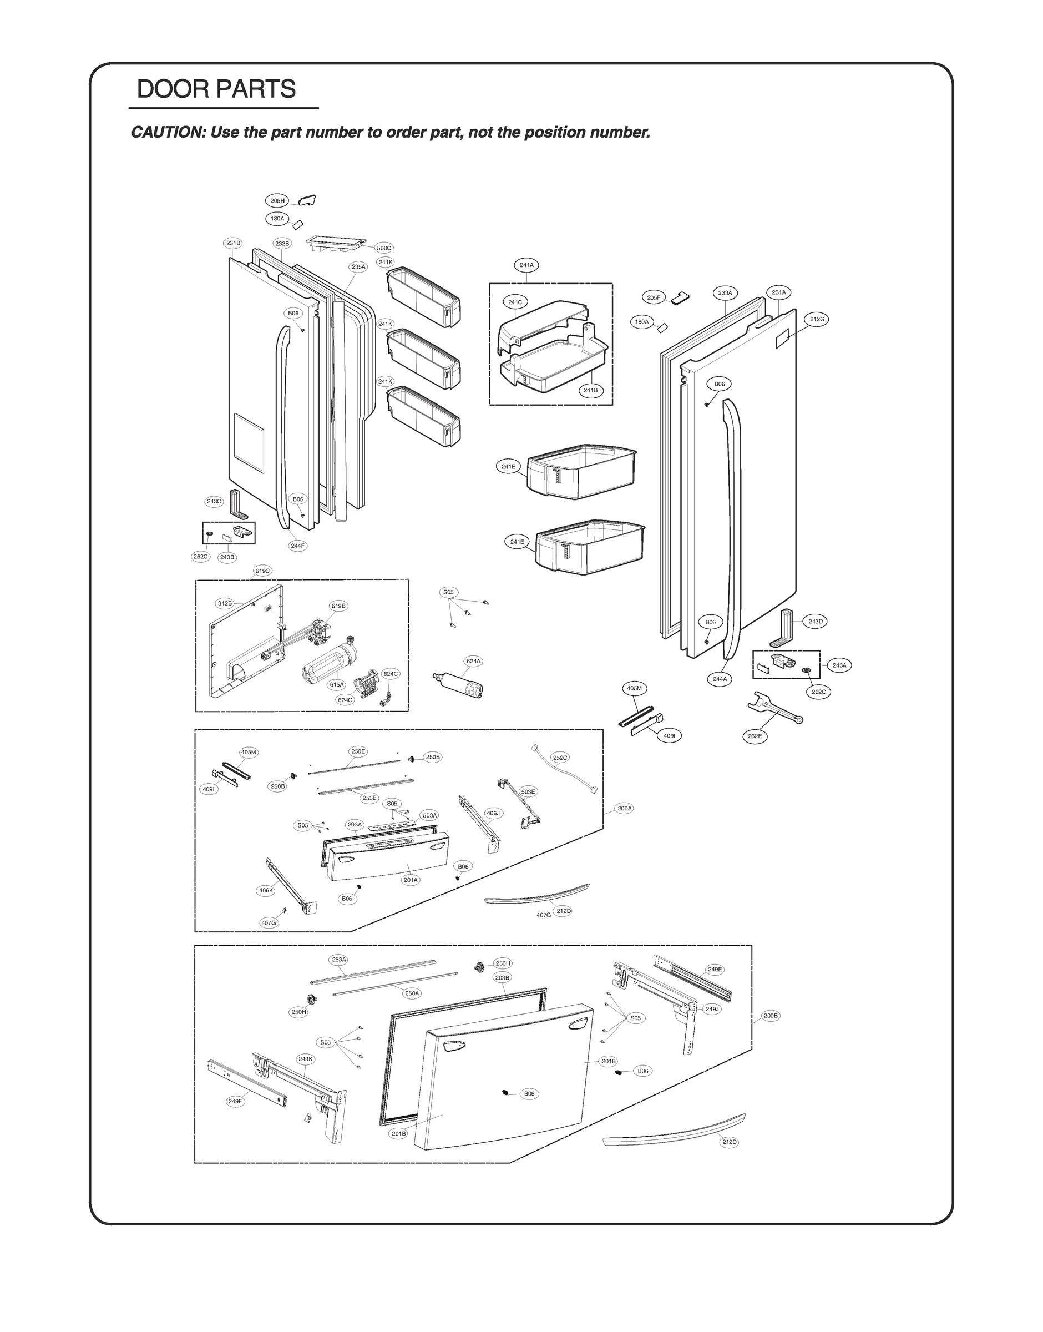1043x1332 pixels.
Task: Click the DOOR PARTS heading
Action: coord(216,89)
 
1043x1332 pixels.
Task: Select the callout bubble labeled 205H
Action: coord(277,200)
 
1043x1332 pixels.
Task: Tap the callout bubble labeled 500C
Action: coord(383,248)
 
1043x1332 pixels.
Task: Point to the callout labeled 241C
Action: coord(515,302)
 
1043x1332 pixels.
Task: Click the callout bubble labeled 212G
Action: coord(817,319)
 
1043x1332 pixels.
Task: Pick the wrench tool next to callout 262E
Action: coord(774,712)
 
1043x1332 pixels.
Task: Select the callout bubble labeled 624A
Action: coord(473,661)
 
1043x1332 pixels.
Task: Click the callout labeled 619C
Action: coord(262,571)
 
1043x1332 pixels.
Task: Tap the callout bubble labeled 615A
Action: coord(337,685)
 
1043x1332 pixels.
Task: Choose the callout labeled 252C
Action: coord(559,758)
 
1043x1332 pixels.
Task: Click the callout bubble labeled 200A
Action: coord(625,808)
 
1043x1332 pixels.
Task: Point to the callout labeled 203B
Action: coord(502,977)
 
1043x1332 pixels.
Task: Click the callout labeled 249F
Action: coord(235,1101)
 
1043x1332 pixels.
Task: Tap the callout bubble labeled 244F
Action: coord(297,546)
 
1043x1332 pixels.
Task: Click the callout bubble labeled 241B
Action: coord(590,390)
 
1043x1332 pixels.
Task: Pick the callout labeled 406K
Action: coord(266,890)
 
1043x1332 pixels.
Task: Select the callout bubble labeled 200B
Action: coord(771,1016)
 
